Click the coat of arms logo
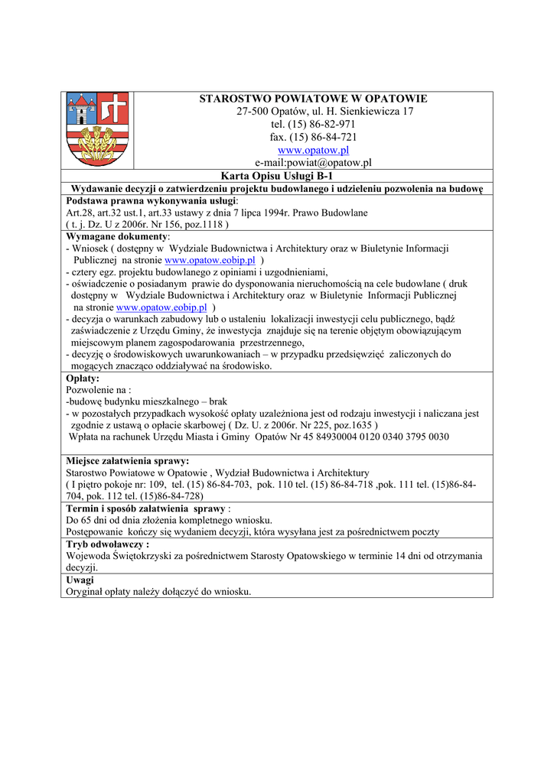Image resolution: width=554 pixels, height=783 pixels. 97,129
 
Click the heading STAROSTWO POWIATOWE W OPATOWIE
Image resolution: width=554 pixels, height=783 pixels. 313,99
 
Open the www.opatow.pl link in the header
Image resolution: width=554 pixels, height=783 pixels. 313,150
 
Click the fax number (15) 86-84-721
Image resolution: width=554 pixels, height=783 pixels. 324,137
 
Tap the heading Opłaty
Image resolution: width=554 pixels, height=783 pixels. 83,378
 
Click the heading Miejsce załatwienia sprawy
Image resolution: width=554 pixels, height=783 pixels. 128,461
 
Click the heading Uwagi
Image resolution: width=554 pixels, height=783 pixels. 80,580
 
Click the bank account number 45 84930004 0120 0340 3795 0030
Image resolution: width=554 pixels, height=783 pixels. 363,437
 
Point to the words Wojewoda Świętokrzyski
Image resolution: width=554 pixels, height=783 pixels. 118,557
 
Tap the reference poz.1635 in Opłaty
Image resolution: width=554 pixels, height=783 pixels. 346,424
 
